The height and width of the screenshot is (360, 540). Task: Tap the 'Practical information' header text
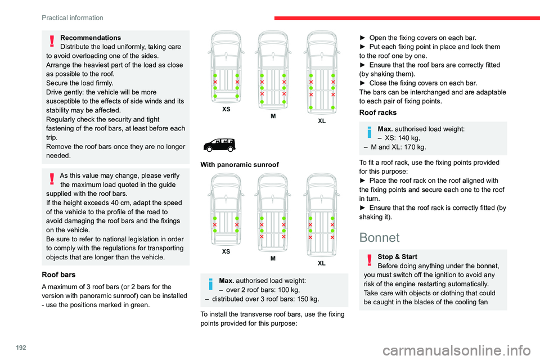(72, 18)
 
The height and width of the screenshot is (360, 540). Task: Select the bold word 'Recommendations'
(90, 38)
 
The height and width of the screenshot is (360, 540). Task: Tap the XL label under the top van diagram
(321, 121)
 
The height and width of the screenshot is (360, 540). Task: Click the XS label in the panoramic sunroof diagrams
(226, 251)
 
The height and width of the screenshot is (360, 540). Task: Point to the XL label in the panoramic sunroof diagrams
(321, 263)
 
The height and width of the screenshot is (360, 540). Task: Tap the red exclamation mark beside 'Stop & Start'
(370, 260)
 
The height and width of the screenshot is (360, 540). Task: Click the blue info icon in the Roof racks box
(370, 132)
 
